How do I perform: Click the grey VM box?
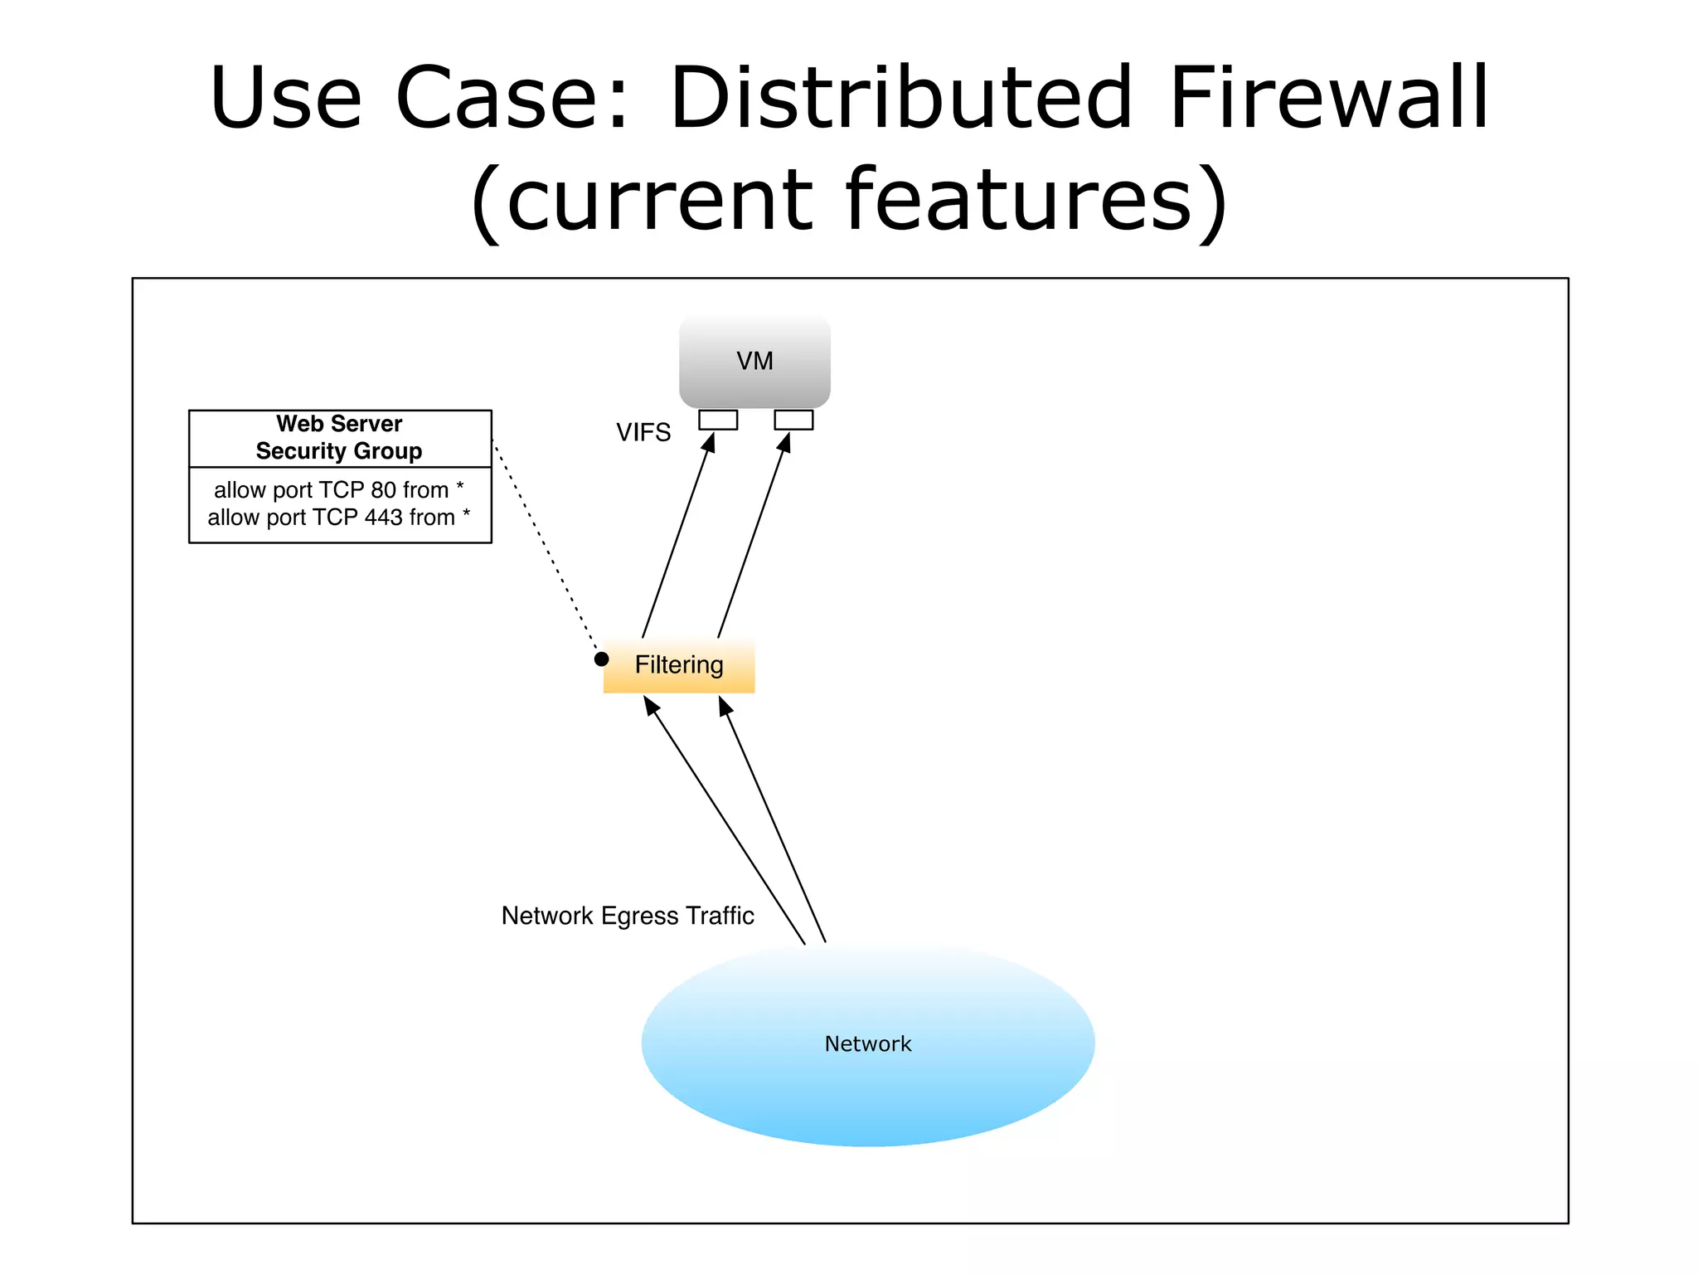coord(754,361)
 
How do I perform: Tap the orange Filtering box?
coord(679,665)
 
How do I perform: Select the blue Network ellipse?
coord(867,1044)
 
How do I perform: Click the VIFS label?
coord(643,432)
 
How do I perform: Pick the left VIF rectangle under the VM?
coord(718,421)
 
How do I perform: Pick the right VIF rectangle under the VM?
coord(793,421)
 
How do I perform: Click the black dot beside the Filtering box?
coord(602,659)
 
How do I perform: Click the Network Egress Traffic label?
coord(628,916)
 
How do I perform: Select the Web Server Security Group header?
coord(339,438)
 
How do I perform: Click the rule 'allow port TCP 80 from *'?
coord(338,490)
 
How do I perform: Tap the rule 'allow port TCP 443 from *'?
coord(338,518)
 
